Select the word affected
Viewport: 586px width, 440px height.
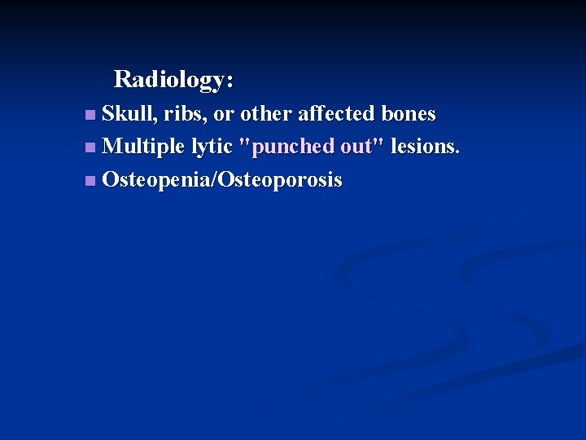click(330, 113)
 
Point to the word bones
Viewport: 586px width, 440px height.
click(408, 113)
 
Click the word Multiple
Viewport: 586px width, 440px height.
click(144, 147)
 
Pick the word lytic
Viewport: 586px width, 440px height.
click(212, 147)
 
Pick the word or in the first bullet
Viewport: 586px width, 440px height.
click(223, 113)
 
